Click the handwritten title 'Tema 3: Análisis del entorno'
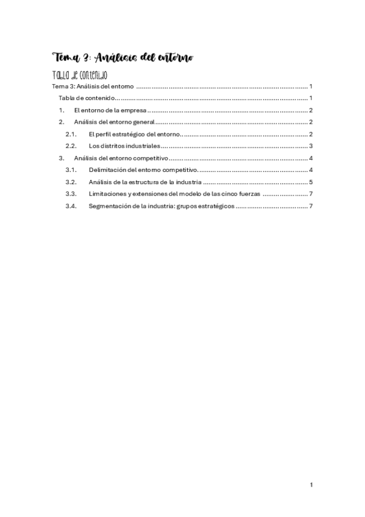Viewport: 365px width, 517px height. [124, 59]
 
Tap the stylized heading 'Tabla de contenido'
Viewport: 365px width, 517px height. [80, 75]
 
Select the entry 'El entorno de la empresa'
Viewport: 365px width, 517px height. [110, 110]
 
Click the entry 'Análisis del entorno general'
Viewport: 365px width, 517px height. [115, 123]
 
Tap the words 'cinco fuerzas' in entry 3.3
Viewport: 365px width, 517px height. [241, 193]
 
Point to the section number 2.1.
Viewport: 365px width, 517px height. [71, 134]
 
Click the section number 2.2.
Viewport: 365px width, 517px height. [71, 146]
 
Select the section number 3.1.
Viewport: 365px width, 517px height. [71, 169]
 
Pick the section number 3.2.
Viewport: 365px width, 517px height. [71, 182]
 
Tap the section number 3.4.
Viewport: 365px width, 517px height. [71, 205]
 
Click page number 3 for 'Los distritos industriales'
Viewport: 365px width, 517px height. [311, 146]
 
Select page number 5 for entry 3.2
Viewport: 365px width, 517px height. [311, 182]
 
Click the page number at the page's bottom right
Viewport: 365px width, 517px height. [311, 485]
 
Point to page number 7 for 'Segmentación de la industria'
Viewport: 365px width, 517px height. [311, 205]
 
